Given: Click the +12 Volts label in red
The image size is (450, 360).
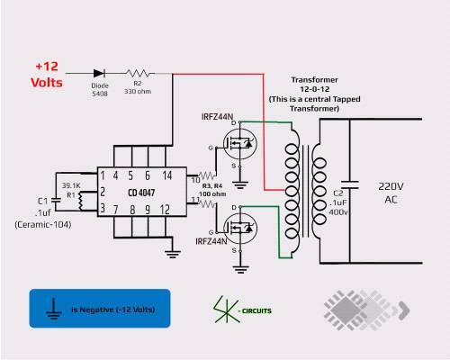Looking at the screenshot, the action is [x=47, y=75].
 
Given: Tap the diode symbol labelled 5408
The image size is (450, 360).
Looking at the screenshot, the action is [x=99, y=73].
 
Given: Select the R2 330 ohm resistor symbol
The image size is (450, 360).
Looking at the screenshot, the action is [x=138, y=73].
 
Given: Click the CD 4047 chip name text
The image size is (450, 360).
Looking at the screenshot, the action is [x=141, y=193].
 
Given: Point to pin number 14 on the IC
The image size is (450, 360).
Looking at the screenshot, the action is [x=167, y=175].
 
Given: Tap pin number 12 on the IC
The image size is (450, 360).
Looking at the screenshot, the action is [x=165, y=210].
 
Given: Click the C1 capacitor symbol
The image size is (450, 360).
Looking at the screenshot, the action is [x=56, y=200].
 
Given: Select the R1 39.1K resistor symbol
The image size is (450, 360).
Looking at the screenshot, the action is [x=80, y=201].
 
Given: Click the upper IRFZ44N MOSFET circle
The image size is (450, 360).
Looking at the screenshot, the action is [x=239, y=144].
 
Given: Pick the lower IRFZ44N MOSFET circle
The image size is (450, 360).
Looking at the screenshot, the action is [x=239, y=229].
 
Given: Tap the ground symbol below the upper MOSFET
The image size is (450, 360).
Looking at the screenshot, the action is [x=239, y=184].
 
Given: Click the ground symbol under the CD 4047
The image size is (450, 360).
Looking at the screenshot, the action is [x=173, y=254].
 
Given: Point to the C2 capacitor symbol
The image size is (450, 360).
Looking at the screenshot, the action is [x=349, y=184].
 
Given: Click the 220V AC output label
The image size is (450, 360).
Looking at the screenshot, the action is [x=391, y=193].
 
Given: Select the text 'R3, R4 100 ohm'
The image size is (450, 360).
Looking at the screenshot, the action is [x=212, y=190].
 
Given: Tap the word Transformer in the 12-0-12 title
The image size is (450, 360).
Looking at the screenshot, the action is [x=315, y=80].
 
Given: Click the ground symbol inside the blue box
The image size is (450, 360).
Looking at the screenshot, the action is [x=54, y=309].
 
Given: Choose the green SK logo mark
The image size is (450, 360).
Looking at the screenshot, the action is [x=227, y=310].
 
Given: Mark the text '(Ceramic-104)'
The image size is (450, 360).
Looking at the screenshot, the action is [x=43, y=225].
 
